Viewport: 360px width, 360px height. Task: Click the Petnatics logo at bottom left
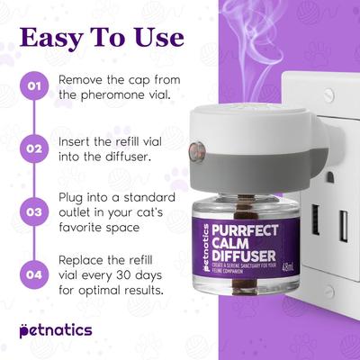(56, 330)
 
